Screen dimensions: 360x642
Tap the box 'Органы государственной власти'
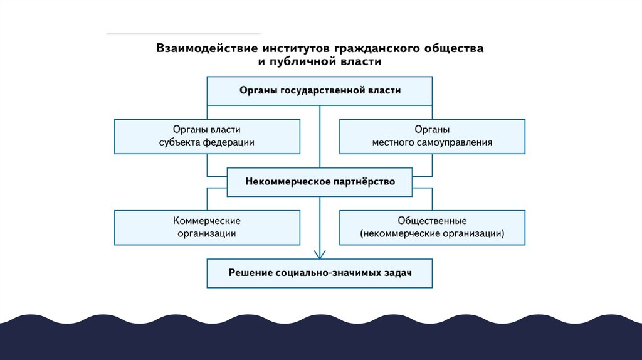click(x=320, y=90)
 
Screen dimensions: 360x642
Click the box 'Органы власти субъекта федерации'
click(x=207, y=136)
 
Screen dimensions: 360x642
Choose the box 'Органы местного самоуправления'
click(x=432, y=136)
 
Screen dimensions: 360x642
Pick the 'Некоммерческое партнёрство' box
click(x=320, y=182)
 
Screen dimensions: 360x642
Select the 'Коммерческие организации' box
click(x=207, y=227)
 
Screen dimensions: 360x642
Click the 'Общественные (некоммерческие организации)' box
click(x=432, y=227)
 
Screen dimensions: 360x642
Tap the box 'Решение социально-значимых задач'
click(x=320, y=273)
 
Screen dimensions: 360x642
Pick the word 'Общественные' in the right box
click(x=432, y=221)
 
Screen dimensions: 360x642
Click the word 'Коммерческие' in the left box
click(x=207, y=221)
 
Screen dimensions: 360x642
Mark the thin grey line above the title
click(x=183, y=33)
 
